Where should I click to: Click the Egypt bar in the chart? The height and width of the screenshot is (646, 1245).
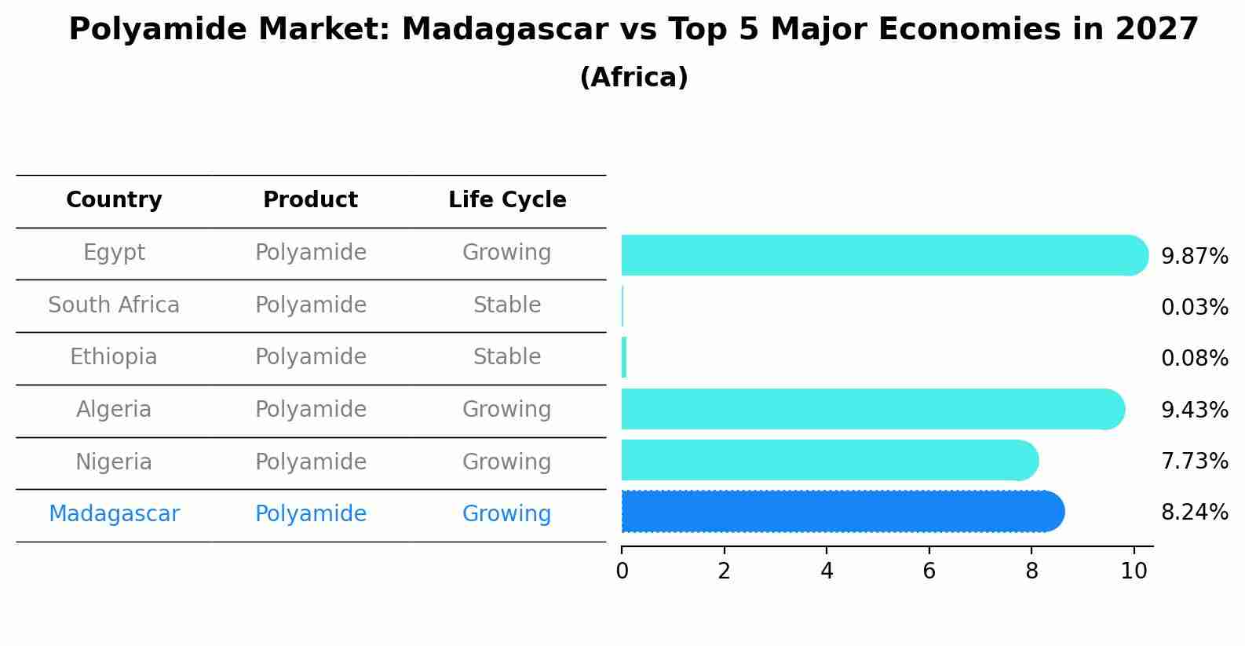coord(885,255)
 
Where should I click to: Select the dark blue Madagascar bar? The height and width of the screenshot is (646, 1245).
coord(843,512)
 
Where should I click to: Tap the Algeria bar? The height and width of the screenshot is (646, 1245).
coord(873,409)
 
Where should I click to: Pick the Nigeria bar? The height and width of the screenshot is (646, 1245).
coord(830,460)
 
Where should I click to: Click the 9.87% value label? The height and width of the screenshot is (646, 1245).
coord(1195,257)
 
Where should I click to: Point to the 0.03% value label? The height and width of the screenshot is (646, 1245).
coord(1195,307)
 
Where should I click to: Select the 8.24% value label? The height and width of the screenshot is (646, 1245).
coord(1195,512)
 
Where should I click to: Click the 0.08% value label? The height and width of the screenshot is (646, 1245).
coord(1195,358)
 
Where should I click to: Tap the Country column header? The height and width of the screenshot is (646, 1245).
coord(114,200)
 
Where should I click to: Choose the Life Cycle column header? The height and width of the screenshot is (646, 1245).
coord(507,200)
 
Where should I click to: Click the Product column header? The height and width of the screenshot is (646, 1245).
coord(310,199)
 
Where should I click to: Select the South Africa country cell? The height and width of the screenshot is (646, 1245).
coord(114,305)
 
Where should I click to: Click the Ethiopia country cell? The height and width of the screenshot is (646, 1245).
coord(113,357)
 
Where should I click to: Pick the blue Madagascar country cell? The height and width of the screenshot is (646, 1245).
coord(115,514)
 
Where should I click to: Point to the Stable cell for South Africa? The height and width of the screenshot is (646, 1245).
coord(507,305)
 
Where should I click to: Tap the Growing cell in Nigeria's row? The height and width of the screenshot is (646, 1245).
coord(507,462)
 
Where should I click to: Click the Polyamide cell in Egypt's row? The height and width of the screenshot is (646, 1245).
coord(311,253)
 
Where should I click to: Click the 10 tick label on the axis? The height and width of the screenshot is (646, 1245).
coord(1134,571)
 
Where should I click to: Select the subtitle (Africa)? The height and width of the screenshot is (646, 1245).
coord(633,77)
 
